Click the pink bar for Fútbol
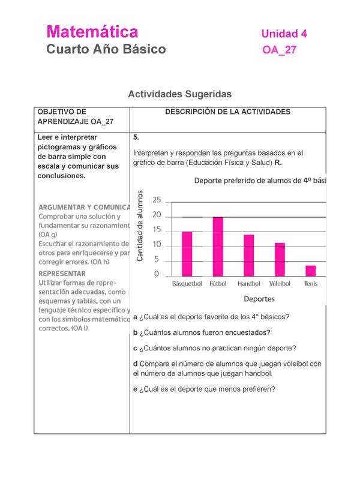tap(218, 246)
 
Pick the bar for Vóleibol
tap(280, 259)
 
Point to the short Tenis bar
tap(310, 270)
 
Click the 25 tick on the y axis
tap(157, 200)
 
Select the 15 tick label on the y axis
tap(157, 229)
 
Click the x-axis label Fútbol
tap(218, 284)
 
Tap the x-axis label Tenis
tap(311, 284)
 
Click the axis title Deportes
tap(259, 298)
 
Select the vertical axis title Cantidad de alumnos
tap(140, 225)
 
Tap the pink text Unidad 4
tap(284, 34)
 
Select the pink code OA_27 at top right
tap(280, 50)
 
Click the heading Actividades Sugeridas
tap(179, 94)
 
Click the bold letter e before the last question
tap(136, 389)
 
